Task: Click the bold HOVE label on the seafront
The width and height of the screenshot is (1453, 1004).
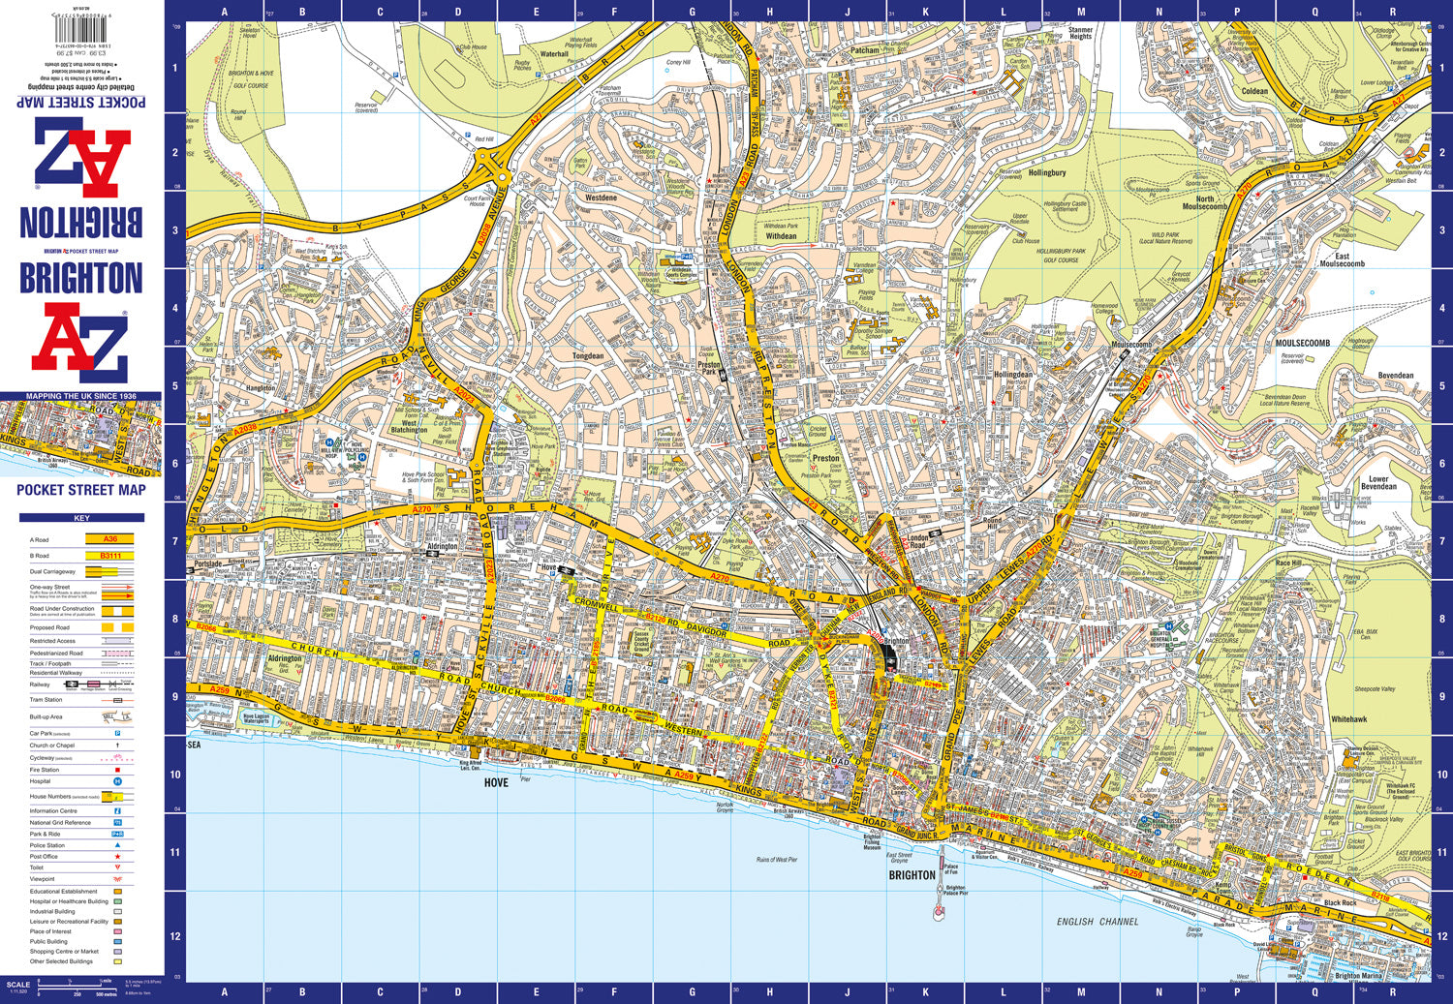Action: [x=495, y=782]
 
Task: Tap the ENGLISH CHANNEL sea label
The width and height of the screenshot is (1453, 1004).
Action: [x=1097, y=922]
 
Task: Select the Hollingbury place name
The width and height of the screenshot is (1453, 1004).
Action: [x=1046, y=173]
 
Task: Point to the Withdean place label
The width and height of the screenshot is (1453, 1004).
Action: [x=781, y=236]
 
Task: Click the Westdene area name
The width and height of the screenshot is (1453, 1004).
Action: [x=601, y=198]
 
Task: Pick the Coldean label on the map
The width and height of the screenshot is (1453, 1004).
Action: [x=1254, y=92]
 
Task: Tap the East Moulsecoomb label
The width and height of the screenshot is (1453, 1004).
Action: [x=1342, y=260]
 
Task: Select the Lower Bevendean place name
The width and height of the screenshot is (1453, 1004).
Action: [x=1377, y=482]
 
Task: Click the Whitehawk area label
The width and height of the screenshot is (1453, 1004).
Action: [x=1349, y=719]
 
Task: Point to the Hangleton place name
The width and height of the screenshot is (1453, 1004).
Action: [x=260, y=388]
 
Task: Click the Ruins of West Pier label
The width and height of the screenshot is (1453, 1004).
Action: [x=777, y=860]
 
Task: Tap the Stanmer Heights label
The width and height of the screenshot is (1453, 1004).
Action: [x=1080, y=33]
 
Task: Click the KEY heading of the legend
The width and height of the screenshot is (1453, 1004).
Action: [x=81, y=518]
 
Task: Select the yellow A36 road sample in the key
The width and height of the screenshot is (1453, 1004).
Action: [x=109, y=539]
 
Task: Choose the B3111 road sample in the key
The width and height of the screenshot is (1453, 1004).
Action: [x=109, y=556]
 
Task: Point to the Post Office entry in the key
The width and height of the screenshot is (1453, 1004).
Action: [x=44, y=857]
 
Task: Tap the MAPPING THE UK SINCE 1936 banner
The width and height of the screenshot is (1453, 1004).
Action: [x=81, y=396]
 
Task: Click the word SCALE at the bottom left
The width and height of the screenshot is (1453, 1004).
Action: [x=18, y=985]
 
